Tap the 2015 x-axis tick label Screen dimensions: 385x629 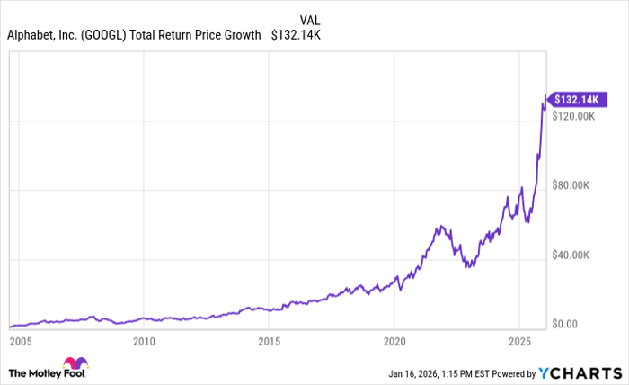(x=269, y=341)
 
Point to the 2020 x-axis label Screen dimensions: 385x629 (x=394, y=341)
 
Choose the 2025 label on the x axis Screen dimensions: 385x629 (x=518, y=341)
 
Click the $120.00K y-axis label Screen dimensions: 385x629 (x=576, y=117)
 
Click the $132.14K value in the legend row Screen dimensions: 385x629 (x=297, y=36)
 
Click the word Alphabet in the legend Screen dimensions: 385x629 (x=31, y=36)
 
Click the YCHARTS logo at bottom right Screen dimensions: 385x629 (x=580, y=372)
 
